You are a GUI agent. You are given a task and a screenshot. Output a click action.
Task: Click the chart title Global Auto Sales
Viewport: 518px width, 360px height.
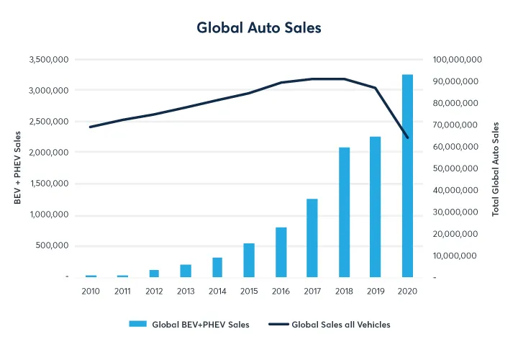[x=259, y=28]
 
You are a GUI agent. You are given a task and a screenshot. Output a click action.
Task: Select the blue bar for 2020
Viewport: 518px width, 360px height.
[x=407, y=176]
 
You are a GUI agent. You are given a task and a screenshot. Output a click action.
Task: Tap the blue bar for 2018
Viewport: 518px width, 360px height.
[x=345, y=212]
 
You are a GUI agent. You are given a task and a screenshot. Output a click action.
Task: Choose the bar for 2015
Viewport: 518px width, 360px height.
[x=249, y=260]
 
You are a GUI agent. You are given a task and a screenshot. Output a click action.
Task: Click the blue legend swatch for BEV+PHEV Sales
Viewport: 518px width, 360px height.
[x=137, y=325]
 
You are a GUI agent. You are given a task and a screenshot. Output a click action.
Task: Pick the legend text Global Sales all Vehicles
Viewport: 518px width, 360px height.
[x=340, y=325]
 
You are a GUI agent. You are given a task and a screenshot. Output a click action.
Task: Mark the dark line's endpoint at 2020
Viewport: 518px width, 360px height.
[x=407, y=138]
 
